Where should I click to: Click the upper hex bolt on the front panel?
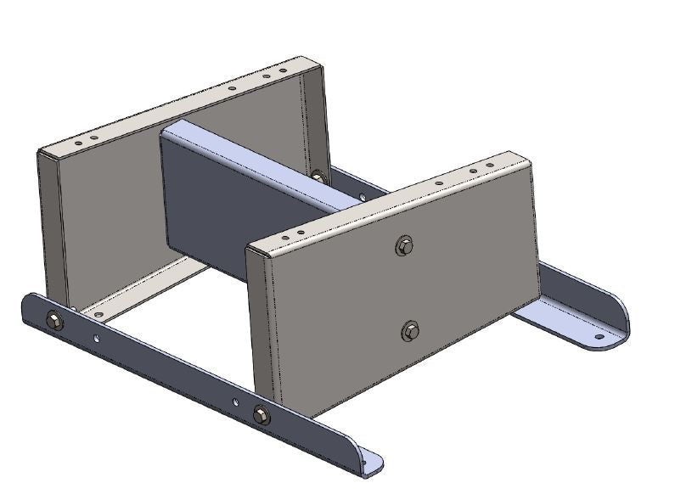point(404,246)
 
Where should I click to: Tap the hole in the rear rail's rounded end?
point(599,336)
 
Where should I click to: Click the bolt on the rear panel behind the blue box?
point(318,176)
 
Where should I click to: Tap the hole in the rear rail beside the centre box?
point(363,197)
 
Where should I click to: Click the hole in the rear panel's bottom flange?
point(99,315)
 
